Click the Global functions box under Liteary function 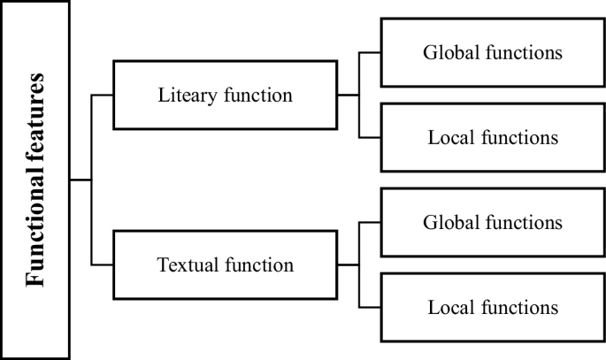492,52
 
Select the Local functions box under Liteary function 492,137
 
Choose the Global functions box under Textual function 492,222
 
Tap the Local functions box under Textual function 492,307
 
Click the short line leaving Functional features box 81,180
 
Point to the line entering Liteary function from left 104,95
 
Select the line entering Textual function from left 104,264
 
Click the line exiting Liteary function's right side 349,95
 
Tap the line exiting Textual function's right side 349,264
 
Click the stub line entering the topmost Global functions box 370,52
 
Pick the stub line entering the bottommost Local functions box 370,307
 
